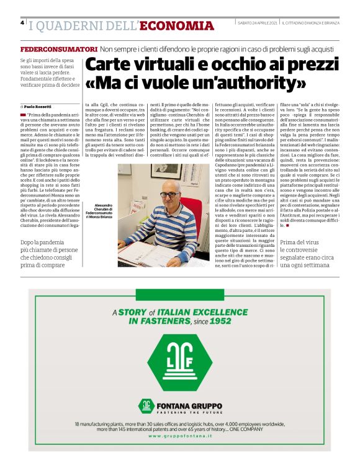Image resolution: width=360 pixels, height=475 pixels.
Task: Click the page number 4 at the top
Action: [x=23, y=23]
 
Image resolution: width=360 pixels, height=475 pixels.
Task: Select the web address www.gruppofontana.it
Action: [x=180, y=437]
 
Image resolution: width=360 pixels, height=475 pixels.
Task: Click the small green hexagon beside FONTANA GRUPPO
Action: [x=146, y=406]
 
